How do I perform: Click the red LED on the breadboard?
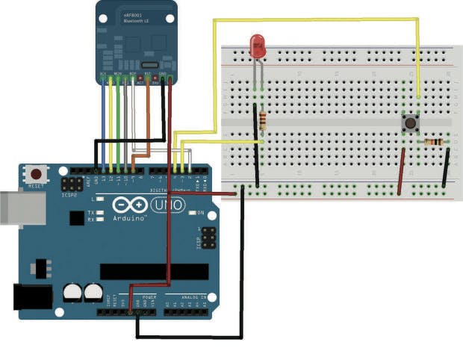point(258,47)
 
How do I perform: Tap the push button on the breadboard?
point(409,123)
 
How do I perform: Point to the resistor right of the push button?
point(432,142)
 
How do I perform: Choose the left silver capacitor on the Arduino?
point(72,292)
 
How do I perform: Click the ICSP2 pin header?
point(72,184)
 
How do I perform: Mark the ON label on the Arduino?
point(201,213)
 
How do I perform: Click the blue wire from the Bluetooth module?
point(103,112)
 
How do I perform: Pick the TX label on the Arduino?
point(90,212)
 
